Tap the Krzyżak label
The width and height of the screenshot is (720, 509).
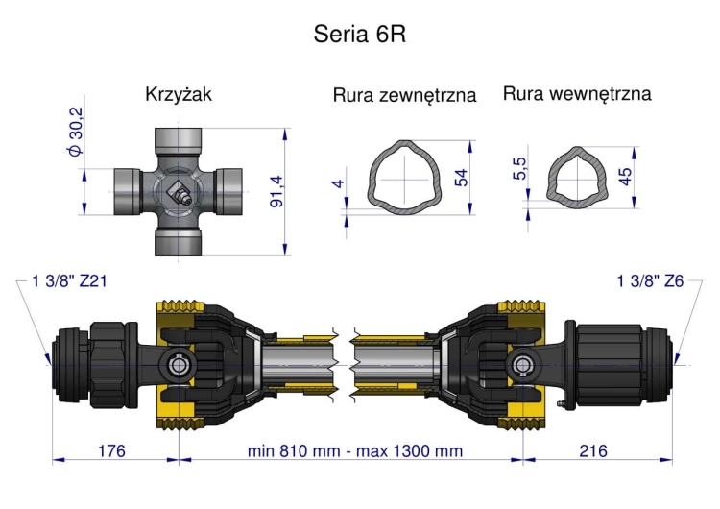[179, 95]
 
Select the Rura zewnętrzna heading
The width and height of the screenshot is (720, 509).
[404, 96]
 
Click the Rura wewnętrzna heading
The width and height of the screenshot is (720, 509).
[577, 94]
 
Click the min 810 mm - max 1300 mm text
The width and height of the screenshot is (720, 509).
[354, 451]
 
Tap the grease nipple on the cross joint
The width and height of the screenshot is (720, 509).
[180, 195]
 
